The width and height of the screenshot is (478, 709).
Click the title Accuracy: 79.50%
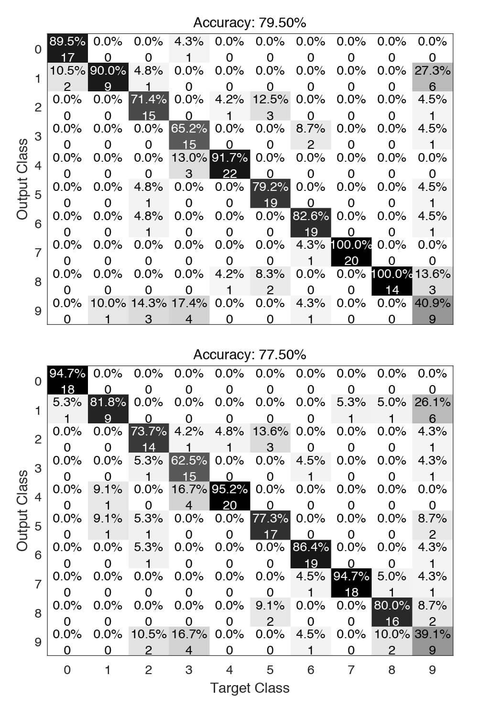coord(250,22)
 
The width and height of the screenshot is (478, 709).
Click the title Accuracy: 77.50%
coord(250,354)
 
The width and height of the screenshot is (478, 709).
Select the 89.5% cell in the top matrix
coord(67,48)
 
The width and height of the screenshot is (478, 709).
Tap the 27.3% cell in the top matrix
coord(433,78)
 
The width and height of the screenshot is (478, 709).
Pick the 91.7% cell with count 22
coord(229,165)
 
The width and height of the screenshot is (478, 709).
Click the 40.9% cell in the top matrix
coord(433,310)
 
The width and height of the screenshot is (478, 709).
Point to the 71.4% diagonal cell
coord(149,107)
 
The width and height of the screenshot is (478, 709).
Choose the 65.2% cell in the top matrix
coord(189,135)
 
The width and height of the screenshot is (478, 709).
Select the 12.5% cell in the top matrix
coord(270,107)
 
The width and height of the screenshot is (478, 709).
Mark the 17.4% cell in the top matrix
coord(189,310)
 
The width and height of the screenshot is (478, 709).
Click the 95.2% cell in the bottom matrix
coord(229,497)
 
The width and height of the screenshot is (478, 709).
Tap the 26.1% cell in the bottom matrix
coord(433,410)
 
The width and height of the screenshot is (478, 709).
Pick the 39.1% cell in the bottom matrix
coord(433,642)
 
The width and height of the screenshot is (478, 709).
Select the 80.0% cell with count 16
coord(392,612)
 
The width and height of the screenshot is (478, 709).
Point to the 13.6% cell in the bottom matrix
coord(270,439)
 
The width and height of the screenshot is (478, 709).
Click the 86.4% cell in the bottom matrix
coord(311,554)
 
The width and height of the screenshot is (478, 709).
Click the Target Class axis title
coord(250,688)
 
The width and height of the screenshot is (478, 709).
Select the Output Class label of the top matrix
coord(22,179)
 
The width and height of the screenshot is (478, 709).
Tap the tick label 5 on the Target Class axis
coord(270,670)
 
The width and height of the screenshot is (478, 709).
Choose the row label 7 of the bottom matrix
coord(38,584)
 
